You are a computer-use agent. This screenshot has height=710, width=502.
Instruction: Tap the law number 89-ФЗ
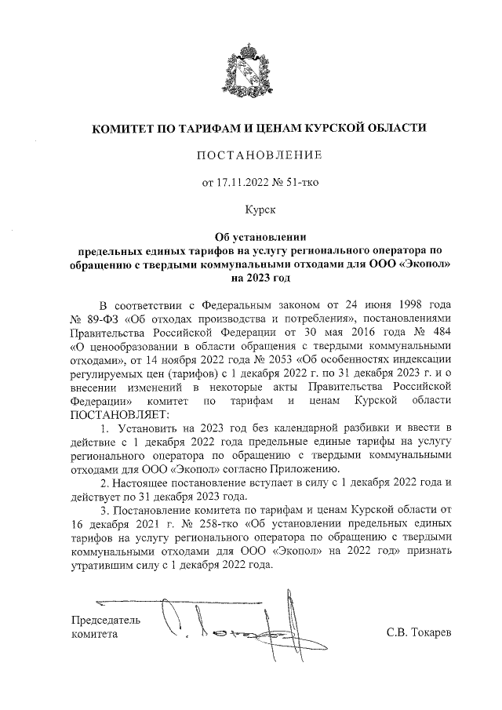(99, 317)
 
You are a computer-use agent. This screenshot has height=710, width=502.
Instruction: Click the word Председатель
(106, 620)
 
